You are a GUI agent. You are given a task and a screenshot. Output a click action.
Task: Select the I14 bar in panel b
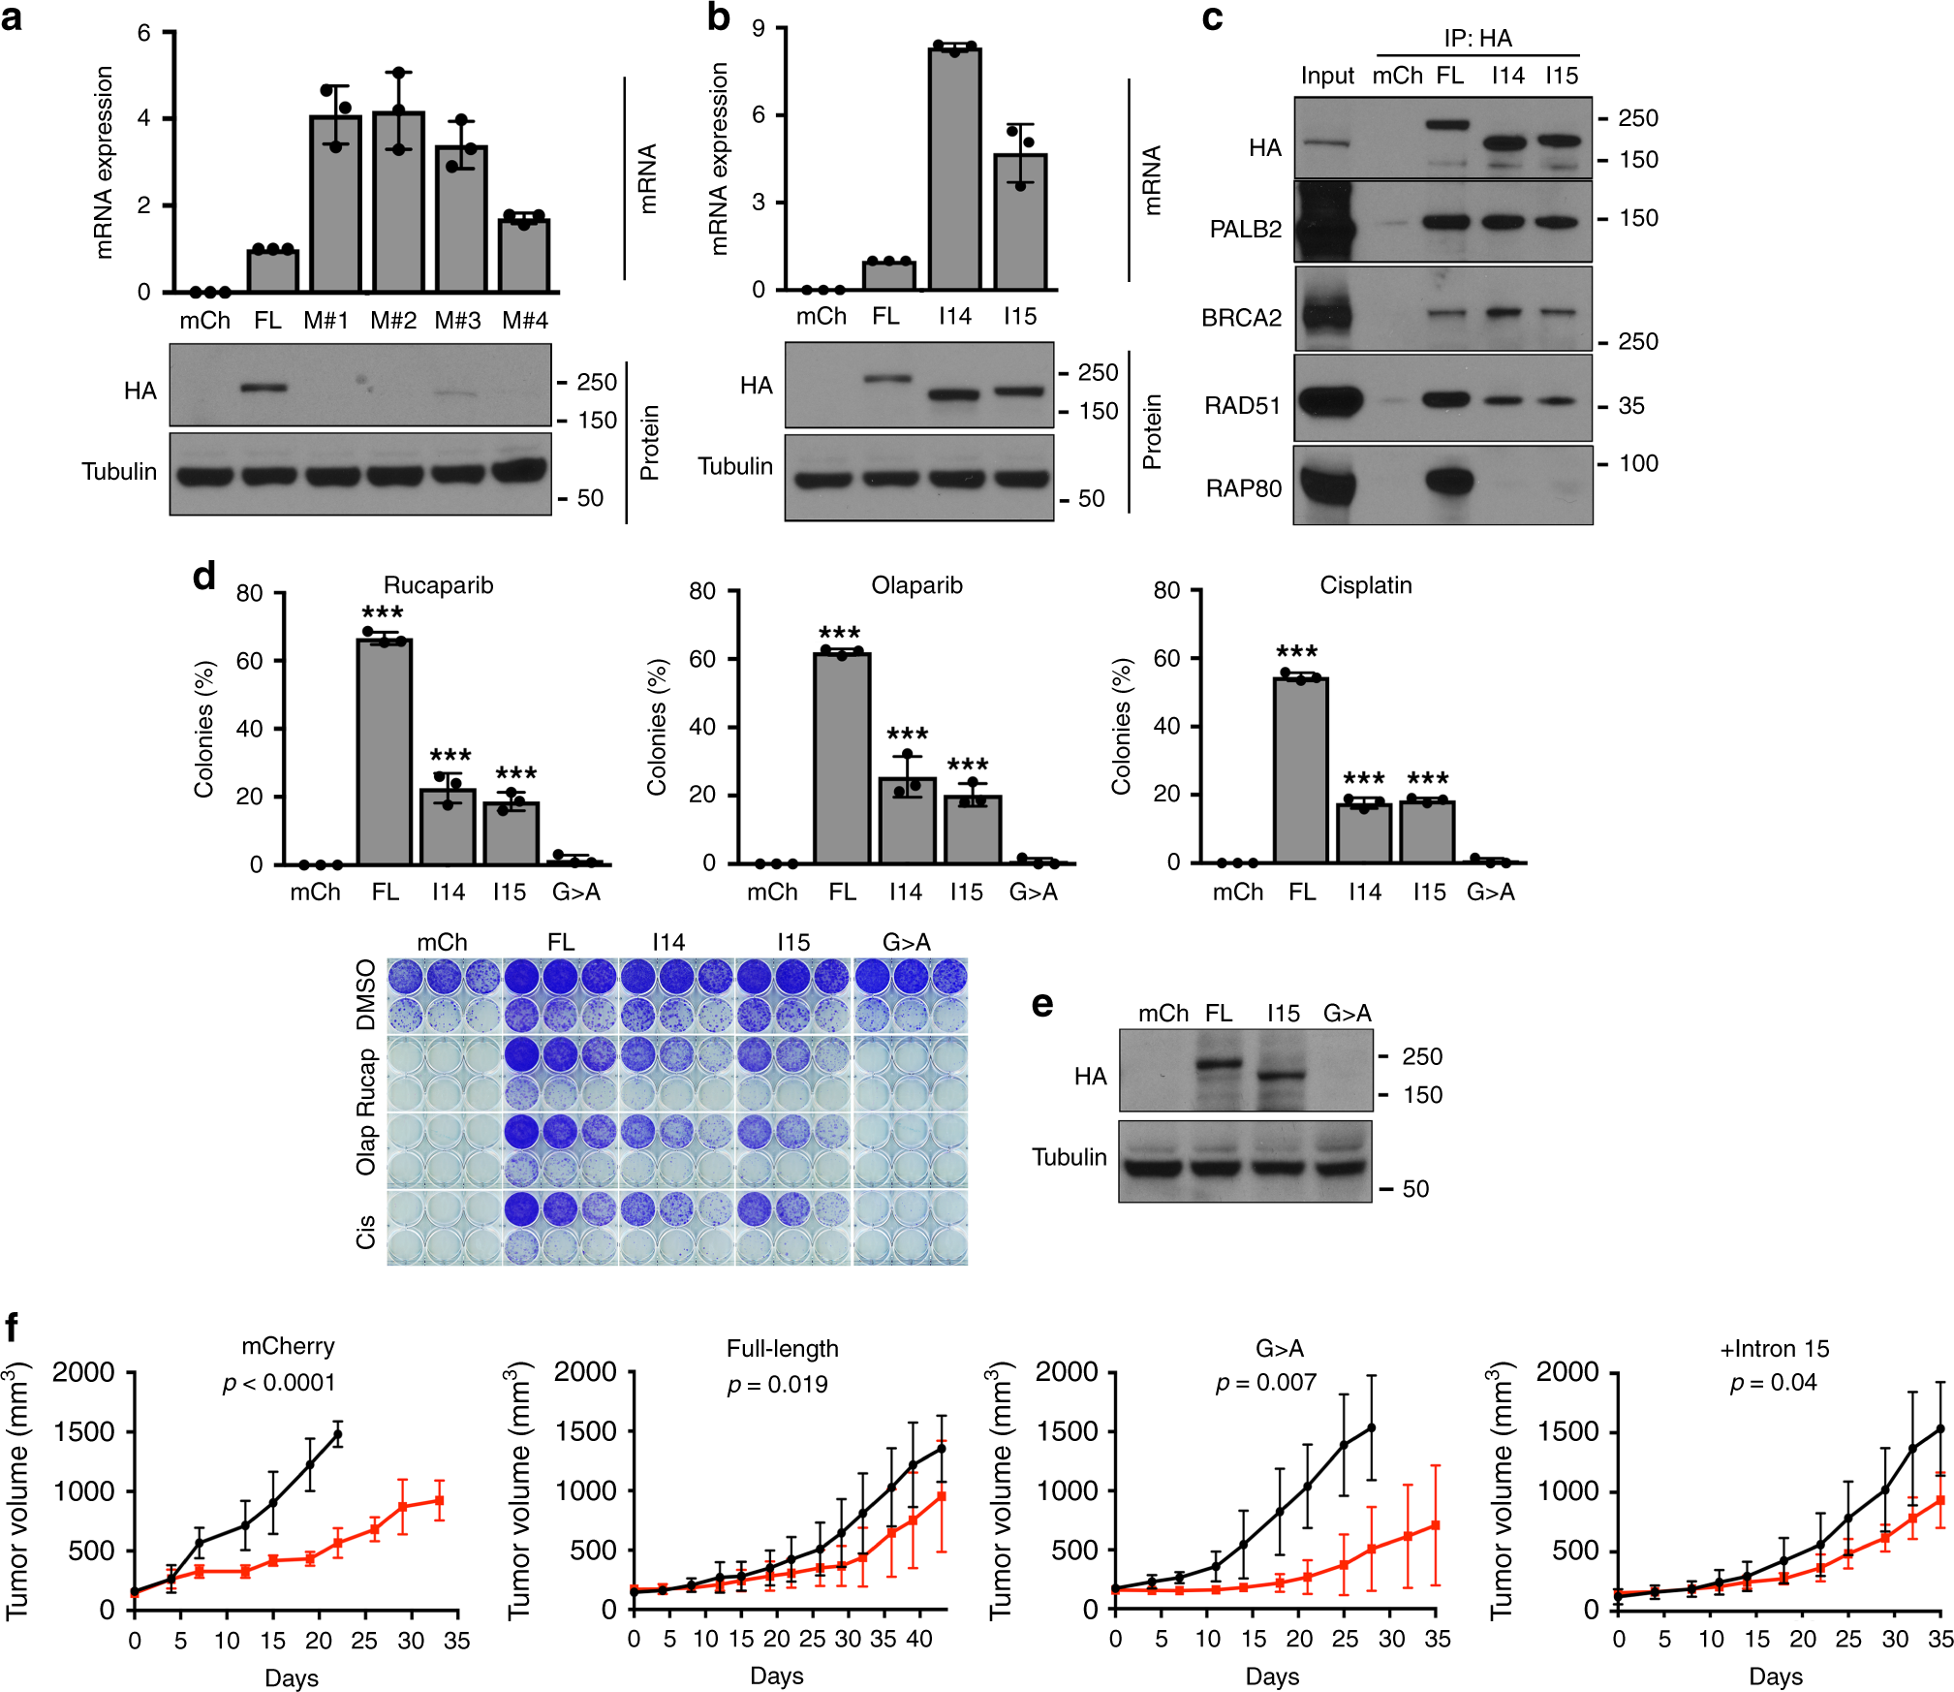954,170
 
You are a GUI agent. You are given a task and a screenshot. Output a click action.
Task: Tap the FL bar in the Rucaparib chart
385,751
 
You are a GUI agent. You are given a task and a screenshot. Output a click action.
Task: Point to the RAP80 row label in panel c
1243,488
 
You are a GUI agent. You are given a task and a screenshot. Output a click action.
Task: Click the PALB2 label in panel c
1245,230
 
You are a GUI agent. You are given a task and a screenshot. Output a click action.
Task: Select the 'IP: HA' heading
1477,38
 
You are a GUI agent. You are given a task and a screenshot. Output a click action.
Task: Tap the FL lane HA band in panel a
264,388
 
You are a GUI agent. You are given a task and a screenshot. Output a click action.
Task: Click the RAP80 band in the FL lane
1449,481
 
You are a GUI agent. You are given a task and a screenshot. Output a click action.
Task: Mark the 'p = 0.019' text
778,1384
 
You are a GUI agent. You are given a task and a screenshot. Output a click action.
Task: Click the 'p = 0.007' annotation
1266,1382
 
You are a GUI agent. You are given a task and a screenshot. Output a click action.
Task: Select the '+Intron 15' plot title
1774,1348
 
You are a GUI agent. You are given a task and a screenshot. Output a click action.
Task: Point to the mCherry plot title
288,1346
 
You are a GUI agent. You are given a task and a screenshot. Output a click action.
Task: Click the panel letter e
1042,1004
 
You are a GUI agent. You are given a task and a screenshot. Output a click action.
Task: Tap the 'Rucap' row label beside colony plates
365,1081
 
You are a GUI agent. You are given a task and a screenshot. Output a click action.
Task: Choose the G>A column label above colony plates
906,942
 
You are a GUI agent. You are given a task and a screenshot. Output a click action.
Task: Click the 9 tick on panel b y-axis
759,29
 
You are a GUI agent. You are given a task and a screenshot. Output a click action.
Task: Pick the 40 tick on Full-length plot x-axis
918,1639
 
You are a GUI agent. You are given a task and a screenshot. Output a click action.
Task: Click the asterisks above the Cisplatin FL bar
1296,652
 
